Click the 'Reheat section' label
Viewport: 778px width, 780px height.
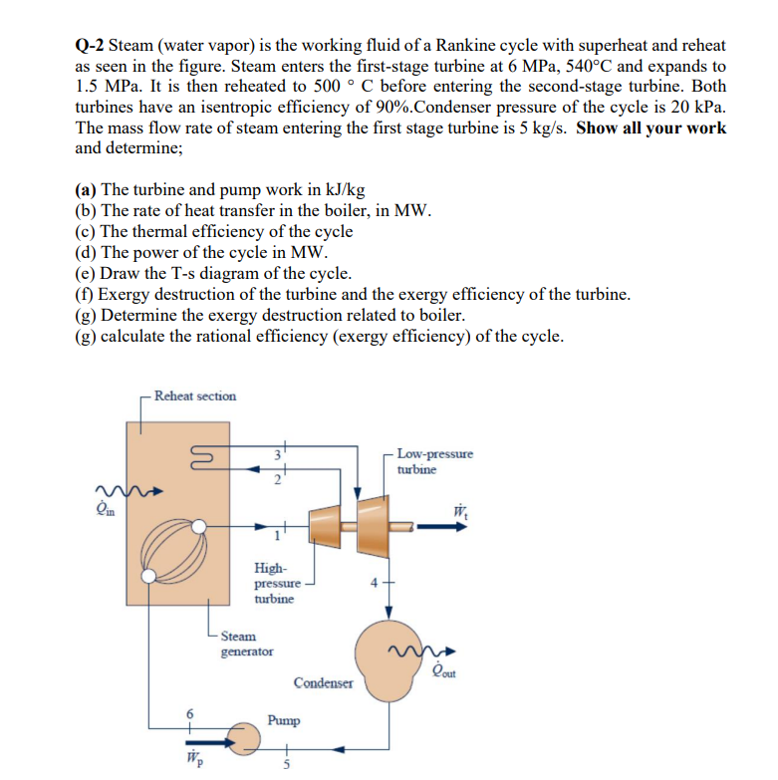point(195,395)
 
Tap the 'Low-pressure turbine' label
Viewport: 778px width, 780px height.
point(434,461)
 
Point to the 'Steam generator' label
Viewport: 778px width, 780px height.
point(245,643)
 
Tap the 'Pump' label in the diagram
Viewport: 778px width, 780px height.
point(284,719)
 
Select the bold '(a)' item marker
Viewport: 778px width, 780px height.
point(86,190)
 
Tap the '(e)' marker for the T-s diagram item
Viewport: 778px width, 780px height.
point(86,274)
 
